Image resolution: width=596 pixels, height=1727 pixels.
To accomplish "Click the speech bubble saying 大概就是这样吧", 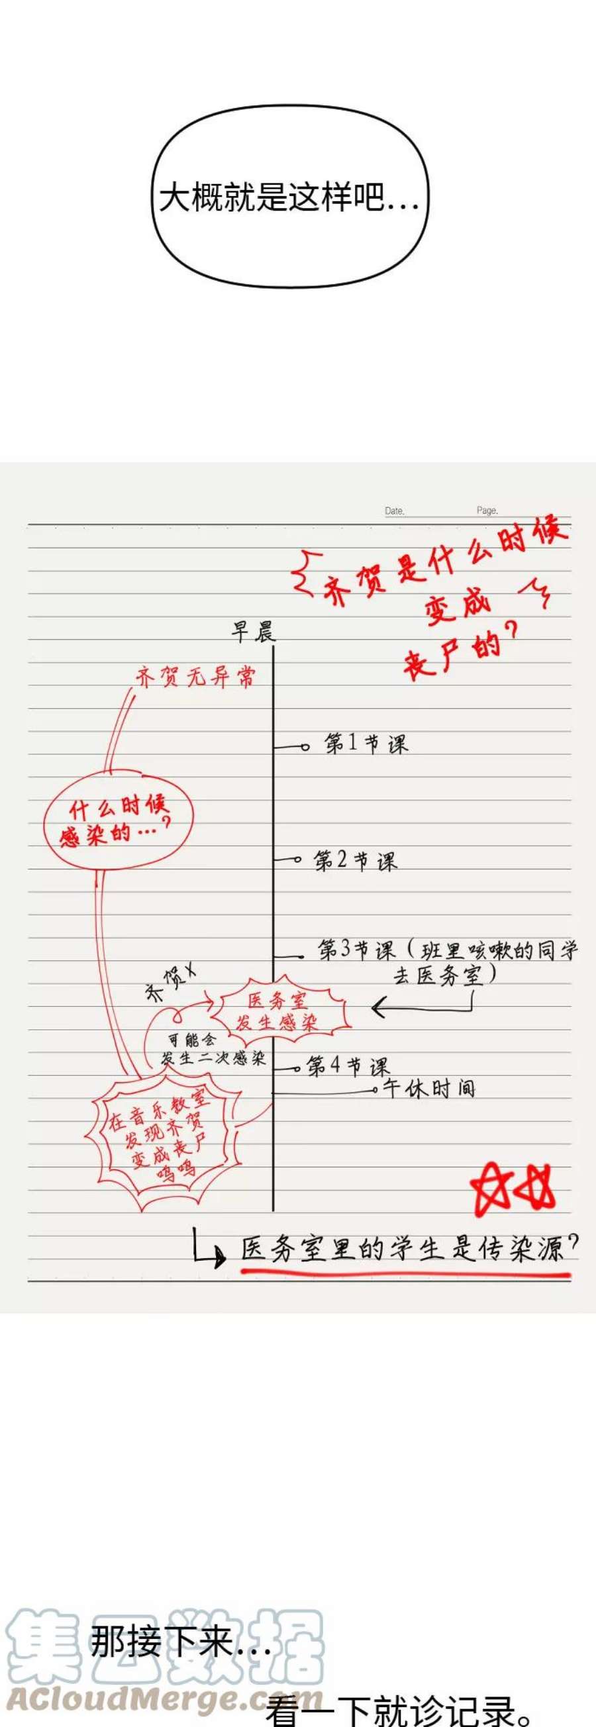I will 289,197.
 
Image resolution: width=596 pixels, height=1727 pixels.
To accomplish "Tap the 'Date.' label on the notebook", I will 394,511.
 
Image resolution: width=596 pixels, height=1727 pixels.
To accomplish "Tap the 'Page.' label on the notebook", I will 487,510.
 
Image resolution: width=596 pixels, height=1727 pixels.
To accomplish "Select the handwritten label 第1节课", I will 366,744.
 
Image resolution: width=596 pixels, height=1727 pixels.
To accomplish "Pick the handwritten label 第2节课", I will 355,861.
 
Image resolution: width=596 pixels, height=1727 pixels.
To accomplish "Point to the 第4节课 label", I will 347,1066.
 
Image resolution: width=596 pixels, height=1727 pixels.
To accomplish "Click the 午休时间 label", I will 429,1088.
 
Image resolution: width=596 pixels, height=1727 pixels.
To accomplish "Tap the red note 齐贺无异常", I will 195,677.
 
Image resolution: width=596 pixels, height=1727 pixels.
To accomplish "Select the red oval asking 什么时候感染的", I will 118,820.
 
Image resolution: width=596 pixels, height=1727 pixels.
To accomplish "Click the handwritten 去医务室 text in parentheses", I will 442,975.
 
